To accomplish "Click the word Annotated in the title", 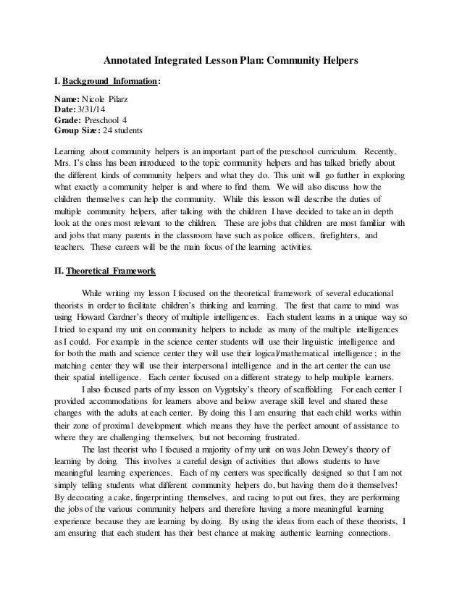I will pyautogui.click(x=127, y=60).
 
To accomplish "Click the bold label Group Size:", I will pyautogui.click(x=77, y=130).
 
